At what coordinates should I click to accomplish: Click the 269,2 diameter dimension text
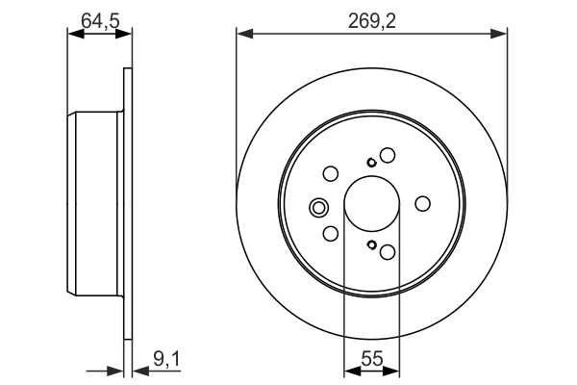click(x=371, y=15)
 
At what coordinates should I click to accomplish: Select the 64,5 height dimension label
click(x=97, y=15)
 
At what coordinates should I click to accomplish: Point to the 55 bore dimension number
click(x=371, y=359)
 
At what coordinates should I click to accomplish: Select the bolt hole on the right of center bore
click(x=422, y=204)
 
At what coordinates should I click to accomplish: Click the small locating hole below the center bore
click(x=370, y=245)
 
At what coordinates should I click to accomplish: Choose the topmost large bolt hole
click(x=388, y=155)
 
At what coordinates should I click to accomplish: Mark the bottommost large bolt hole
click(x=388, y=252)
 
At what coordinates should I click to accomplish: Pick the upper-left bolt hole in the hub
click(x=330, y=174)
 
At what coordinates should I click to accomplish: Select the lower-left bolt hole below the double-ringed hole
click(x=330, y=234)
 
